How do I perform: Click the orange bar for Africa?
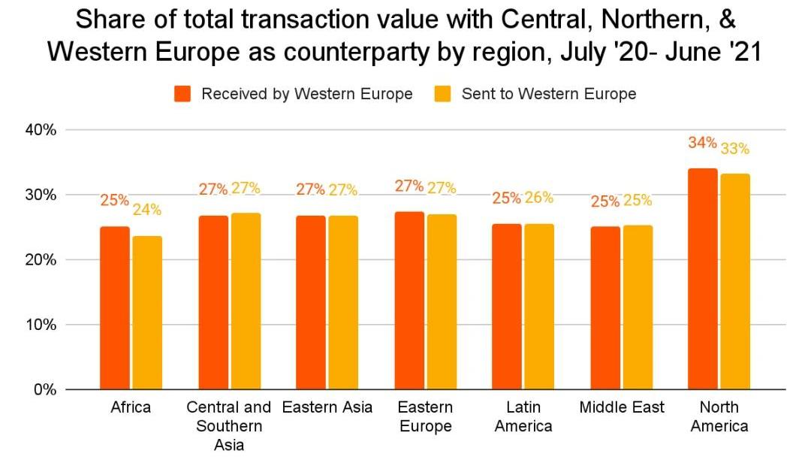(115, 308)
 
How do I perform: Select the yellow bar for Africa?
(147, 313)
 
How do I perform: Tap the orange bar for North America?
(703, 279)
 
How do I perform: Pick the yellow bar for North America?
(735, 282)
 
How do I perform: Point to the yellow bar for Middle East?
(638, 307)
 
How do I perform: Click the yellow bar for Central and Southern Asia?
(246, 301)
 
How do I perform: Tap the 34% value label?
(702, 143)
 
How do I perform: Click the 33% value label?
(735, 149)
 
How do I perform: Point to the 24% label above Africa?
(147, 210)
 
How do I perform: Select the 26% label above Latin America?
(538, 198)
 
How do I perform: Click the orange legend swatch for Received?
(183, 94)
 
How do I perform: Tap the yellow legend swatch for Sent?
(443, 94)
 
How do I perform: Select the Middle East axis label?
(622, 407)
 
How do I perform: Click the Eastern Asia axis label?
(327, 407)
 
